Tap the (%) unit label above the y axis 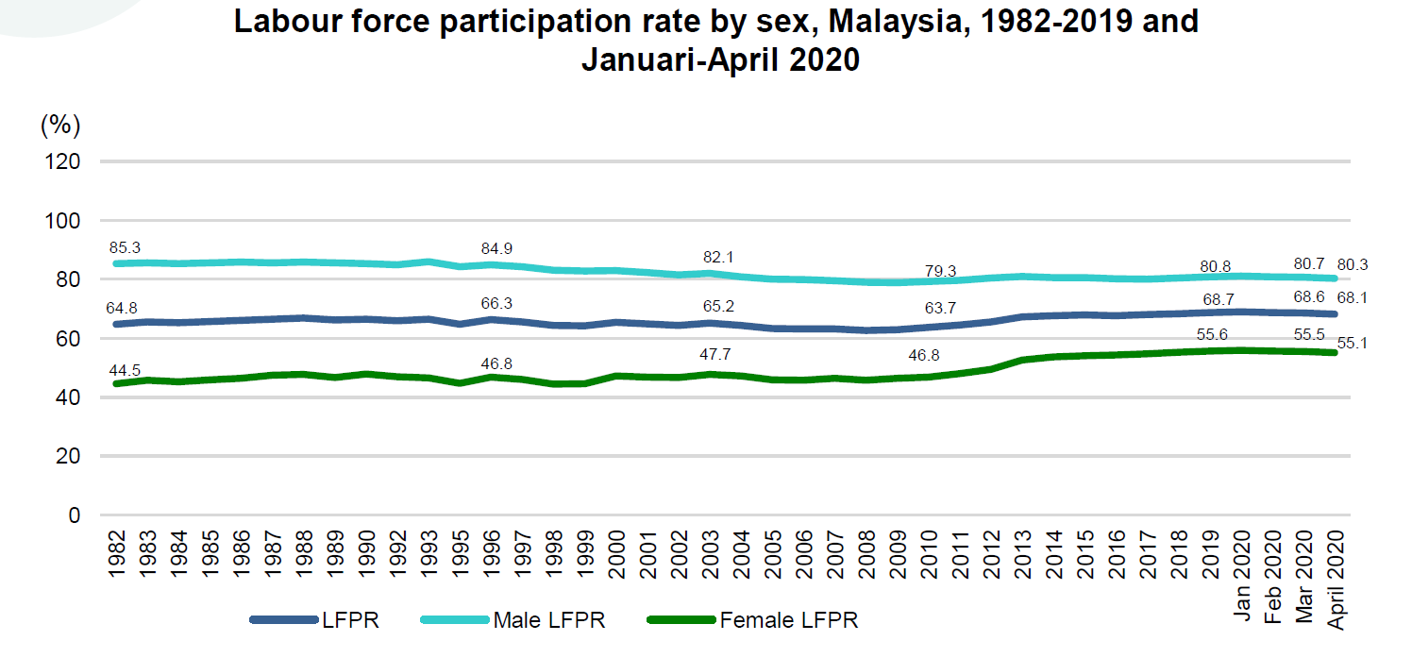click(x=60, y=124)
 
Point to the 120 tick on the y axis click(x=62, y=161)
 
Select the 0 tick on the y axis click(x=74, y=515)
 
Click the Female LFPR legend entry click(x=789, y=620)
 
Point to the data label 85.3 click(x=127, y=247)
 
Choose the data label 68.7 click(x=1217, y=299)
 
